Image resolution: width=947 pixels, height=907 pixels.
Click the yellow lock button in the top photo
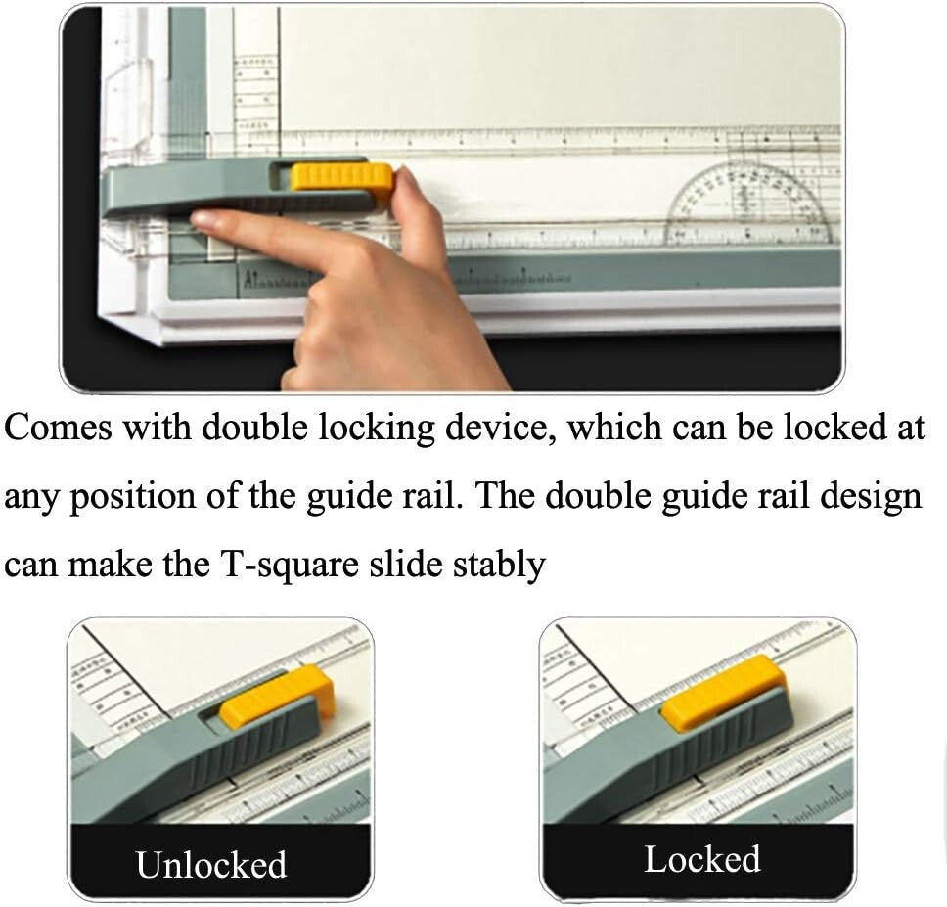pos(342,177)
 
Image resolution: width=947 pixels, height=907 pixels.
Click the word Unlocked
pos(211,865)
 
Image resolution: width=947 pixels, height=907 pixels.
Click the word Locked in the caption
pos(701,859)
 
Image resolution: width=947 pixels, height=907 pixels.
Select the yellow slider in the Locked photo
pos(723,692)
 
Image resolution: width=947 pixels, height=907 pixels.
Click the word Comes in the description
pos(59,429)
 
